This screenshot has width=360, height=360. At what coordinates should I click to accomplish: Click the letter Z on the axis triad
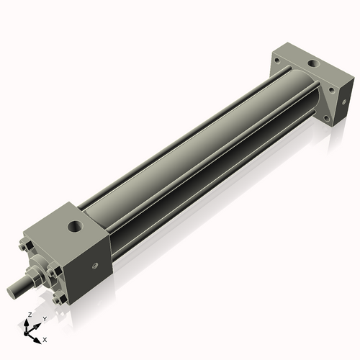click(x=28, y=315)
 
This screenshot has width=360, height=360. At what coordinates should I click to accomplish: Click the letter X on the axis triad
click(x=45, y=338)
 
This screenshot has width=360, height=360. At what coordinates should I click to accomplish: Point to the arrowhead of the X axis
click(x=38, y=336)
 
